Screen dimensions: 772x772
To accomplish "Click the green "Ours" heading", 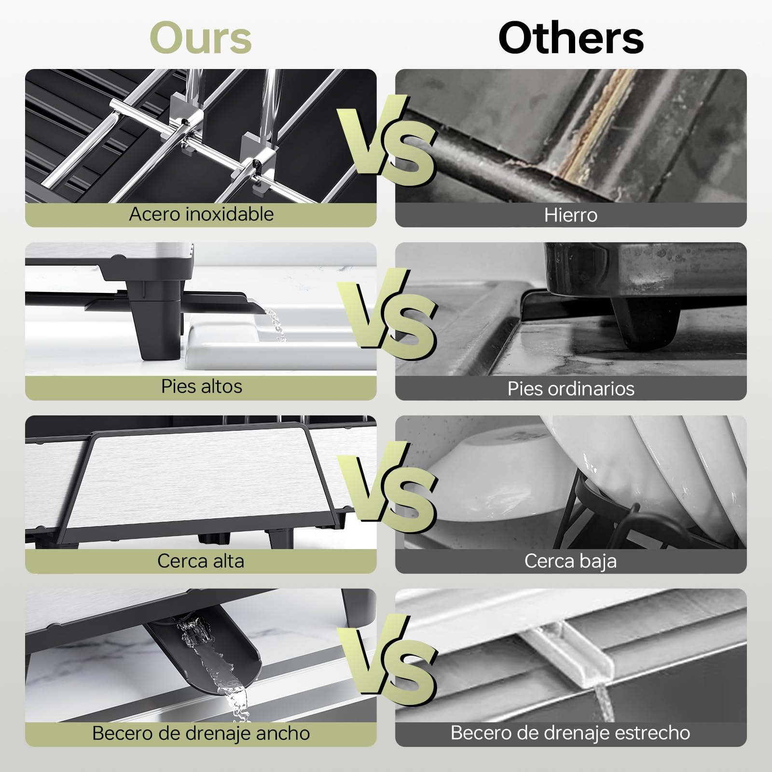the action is click(x=201, y=38).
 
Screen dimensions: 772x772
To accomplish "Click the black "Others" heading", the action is click(x=571, y=38).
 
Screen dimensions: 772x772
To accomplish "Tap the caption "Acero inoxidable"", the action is click(x=201, y=214).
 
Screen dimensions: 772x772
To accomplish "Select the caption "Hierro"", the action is click(x=571, y=215).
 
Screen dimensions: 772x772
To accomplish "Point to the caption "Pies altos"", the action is click(x=201, y=386).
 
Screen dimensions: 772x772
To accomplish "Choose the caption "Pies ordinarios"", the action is click(x=571, y=389).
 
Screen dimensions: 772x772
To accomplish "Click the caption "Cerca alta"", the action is click(x=201, y=561).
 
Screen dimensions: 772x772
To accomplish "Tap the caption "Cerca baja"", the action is click(x=571, y=561).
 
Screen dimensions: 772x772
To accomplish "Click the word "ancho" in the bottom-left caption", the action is click(x=283, y=733).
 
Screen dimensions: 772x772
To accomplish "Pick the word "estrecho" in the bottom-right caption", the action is click(x=654, y=733).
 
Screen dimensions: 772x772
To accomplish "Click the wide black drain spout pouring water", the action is click(x=207, y=656).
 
